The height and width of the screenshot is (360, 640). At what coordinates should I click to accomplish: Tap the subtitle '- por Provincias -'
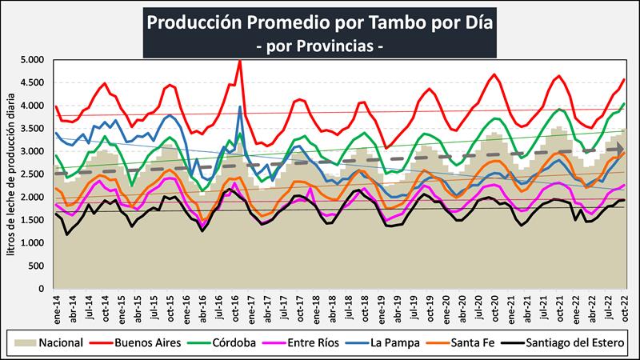320,47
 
